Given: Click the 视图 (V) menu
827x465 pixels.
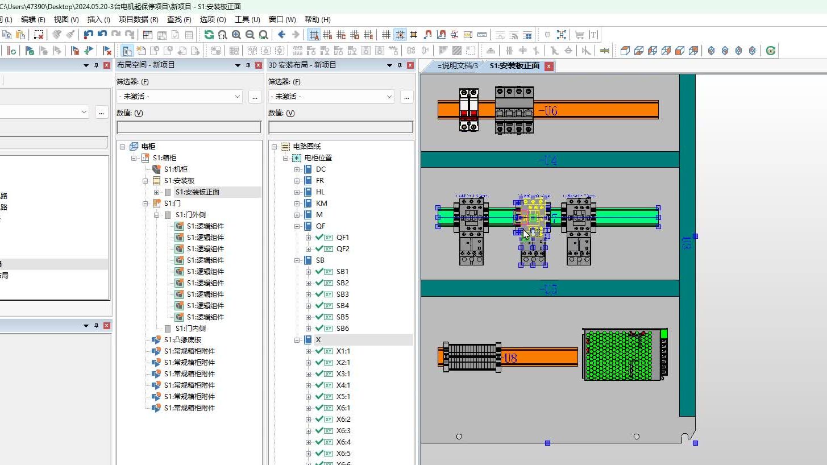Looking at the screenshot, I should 66,19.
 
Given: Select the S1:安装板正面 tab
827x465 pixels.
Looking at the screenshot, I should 514,66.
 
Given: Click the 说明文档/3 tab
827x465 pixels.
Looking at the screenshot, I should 456,66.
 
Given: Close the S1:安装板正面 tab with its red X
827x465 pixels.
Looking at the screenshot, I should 548,66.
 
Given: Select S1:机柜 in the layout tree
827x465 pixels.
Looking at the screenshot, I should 176,169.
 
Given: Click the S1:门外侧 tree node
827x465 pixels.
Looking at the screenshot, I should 190,215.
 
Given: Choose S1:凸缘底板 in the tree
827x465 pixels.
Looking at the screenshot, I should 182,340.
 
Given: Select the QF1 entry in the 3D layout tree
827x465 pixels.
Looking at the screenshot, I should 342,238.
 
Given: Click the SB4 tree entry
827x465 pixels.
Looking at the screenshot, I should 342,306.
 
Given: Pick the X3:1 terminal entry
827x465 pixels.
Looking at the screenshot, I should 343,374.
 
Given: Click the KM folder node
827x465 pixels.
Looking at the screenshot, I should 321,204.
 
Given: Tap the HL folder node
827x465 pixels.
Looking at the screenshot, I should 320,192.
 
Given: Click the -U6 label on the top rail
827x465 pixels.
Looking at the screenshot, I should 548,111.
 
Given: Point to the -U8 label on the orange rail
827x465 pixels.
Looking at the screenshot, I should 509,358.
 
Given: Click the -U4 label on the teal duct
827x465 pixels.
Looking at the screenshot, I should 548,161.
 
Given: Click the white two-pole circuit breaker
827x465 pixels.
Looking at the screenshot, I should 468,109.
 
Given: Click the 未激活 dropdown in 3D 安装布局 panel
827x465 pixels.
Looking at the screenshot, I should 331,97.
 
